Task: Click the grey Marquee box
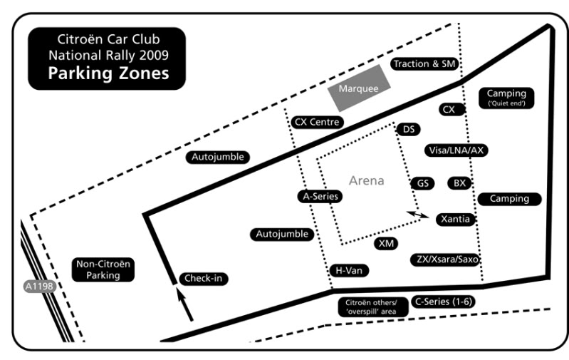tap(359, 88)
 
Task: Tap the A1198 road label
tap(39, 287)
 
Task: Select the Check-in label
tap(203, 278)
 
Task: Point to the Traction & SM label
tap(424, 64)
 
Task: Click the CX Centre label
tap(317, 122)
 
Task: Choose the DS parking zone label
tap(409, 129)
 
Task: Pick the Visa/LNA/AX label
tap(456, 150)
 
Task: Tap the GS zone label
tap(423, 183)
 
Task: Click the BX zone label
tap(459, 183)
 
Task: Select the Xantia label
tap(456, 220)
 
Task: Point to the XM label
tap(386, 243)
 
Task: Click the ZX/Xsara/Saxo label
tap(446, 259)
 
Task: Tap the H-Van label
tap(349, 270)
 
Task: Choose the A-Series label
tap(320, 196)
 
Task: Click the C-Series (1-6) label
tap(444, 302)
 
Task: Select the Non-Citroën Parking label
tap(103, 269)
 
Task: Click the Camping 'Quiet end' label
tap(506, 98)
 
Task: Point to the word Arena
tap(367, 180)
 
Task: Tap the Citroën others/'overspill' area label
tap(373, 307)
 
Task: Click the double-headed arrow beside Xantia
tap(418, 215)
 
